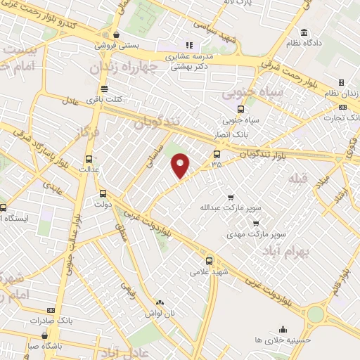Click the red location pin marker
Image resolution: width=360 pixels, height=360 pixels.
click(181, 165)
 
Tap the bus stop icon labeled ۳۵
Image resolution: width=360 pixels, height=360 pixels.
click(216, 154)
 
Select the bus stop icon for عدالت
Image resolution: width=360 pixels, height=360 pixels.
click(89, 160)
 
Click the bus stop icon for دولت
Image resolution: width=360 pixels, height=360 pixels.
click(103, 194)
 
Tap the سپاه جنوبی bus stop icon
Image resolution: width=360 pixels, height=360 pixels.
click(241, 109)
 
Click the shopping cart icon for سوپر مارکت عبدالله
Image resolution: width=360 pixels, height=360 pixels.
click(230, 198)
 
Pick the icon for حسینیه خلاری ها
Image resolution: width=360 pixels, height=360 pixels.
click(283, 329)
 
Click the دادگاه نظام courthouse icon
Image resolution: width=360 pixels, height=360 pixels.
click(304, 32)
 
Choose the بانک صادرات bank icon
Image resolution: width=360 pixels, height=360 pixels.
click(50, 310)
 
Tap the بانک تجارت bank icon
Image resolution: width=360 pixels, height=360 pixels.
click(342, 107)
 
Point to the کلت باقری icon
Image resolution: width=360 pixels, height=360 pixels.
click(104, 89)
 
